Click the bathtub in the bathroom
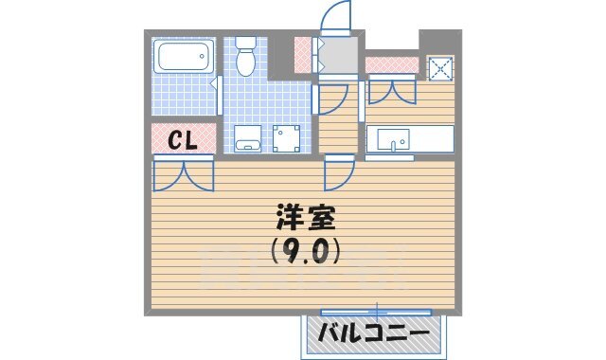184,56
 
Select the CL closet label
182,140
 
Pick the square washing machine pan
287,138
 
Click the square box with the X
440,69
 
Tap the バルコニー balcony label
372,333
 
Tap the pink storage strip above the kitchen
391,64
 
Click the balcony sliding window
377,311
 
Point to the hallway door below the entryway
331,97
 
